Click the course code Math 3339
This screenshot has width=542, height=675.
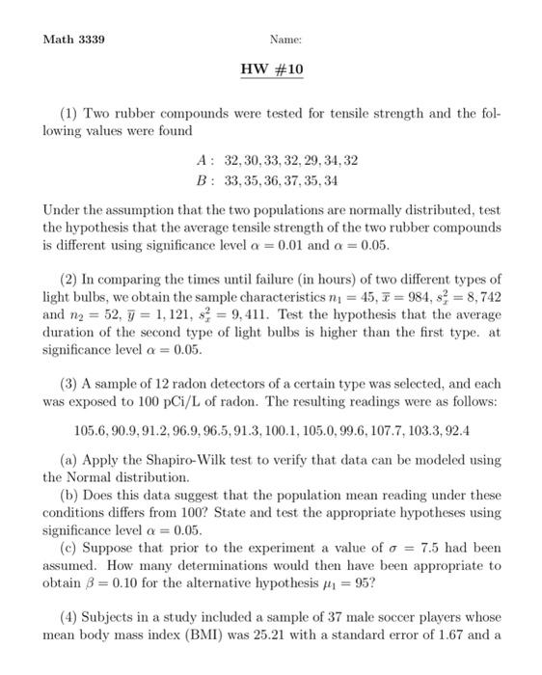[x=74, y=40]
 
